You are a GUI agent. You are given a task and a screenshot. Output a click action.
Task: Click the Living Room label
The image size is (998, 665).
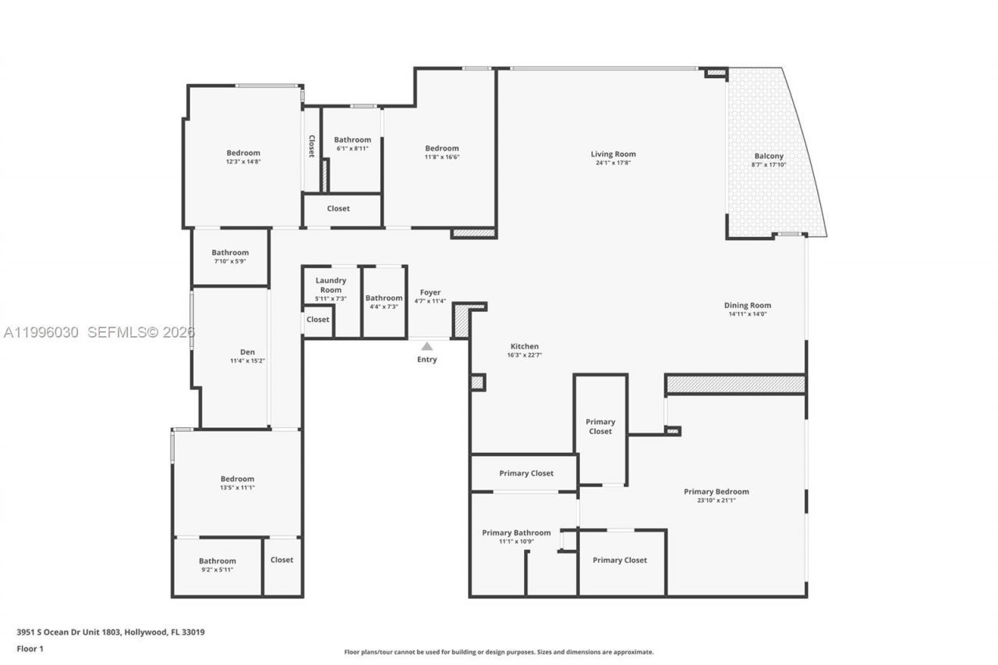coord(613,154)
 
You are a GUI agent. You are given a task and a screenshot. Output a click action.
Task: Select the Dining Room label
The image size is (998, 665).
coord(747,306)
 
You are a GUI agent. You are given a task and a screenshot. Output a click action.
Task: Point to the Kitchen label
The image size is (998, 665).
coord(524,346)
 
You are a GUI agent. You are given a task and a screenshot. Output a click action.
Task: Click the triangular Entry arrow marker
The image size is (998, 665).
coord(426,345)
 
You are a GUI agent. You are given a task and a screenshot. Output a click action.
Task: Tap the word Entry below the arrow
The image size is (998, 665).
coord(426,359)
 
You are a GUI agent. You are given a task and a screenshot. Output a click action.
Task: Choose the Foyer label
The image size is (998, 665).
coord(430,292)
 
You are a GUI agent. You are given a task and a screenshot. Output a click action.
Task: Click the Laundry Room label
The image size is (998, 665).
coord(331,285)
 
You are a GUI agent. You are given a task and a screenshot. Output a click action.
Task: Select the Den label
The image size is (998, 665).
coord(247,352)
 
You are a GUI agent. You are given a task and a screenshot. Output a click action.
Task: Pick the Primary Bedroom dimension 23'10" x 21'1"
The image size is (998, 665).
coord(716,501)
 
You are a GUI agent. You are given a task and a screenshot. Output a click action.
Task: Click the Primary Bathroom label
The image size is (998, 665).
coord(516,532)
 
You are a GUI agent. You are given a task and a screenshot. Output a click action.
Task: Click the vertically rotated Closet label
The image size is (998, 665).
coord(311,146)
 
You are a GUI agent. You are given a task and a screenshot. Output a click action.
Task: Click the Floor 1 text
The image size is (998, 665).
coord(30,648)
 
